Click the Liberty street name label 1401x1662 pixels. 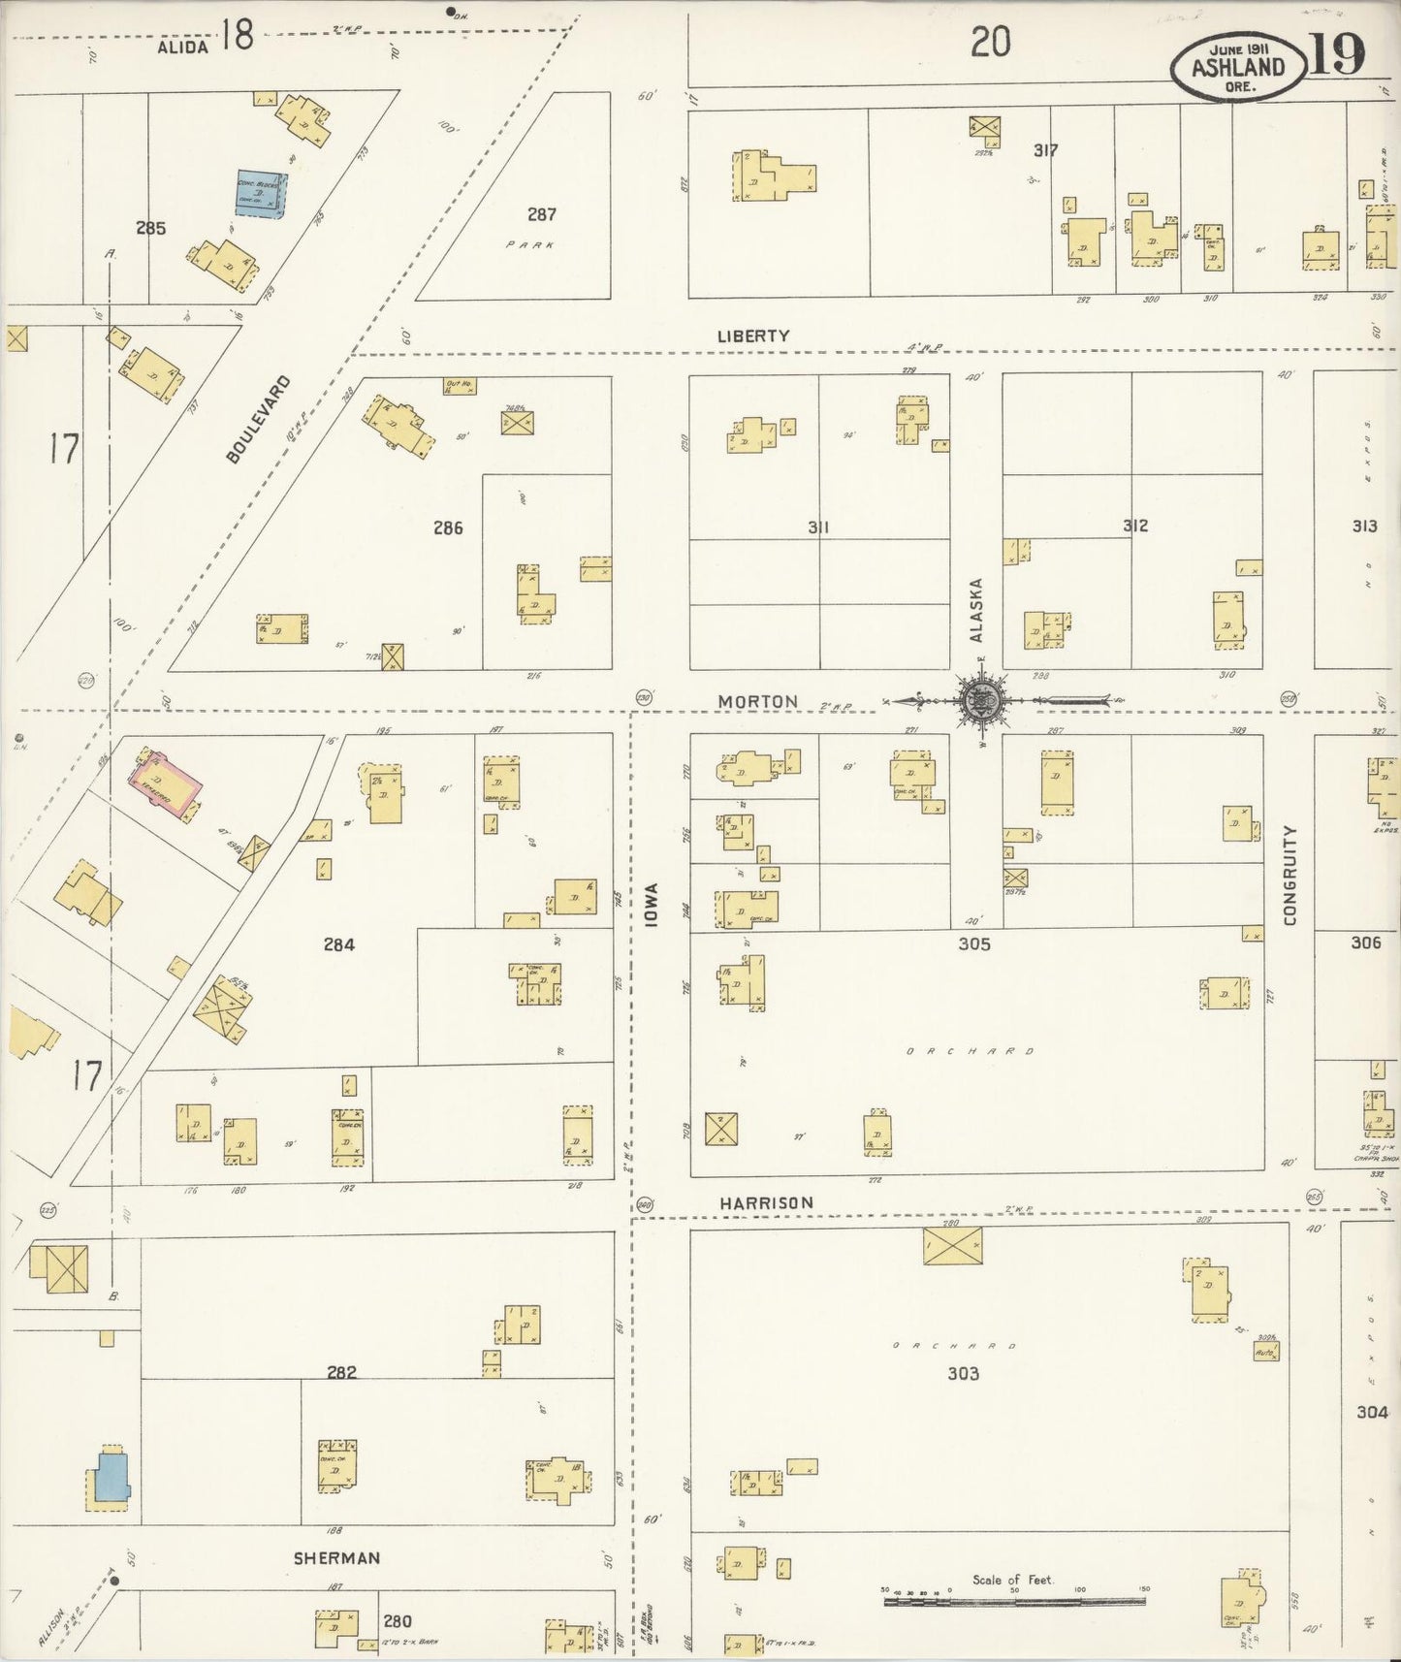[753, 336]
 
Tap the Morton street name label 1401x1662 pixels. [758, 701]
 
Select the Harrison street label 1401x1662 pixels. [766, 1202]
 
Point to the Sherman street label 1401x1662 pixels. [337, 1558]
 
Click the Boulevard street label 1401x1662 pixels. [256, 419]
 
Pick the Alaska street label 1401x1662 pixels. [976, 610]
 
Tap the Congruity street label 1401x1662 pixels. [1290, 876]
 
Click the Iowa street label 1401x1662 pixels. [652, 904]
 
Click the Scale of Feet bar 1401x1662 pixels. [1013, 1602]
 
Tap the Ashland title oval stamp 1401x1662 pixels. [1238, 68]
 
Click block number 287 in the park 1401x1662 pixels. [541, 214]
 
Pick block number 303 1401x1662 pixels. [963, 1373]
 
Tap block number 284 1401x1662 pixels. [339, 943]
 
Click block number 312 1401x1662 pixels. [1135, 526]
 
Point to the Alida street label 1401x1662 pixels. [183, 47]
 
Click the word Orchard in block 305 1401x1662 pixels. [971, 1051]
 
